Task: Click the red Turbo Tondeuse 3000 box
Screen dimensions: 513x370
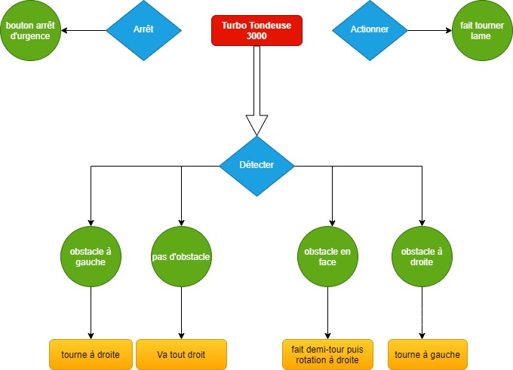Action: [x=256, y=30]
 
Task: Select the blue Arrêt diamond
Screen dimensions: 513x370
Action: [x=143, y=30]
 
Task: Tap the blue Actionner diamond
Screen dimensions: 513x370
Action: [x=370, y=30]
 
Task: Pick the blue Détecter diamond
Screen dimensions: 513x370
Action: [x=256, y=166]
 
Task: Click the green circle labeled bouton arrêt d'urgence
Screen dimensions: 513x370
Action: [x=30, y=30]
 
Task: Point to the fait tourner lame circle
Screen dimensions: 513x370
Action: [x=482, y=30]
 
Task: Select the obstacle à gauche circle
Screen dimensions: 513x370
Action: [x=91, y=256]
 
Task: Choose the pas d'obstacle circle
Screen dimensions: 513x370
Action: [x=181, y=256]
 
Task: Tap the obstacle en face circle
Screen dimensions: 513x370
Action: [x=327, y=256]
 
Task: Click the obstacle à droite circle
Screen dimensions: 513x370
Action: [x=422, y=256]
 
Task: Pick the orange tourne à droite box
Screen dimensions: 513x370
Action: [x=91, y=355]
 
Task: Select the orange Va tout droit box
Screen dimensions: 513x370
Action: [x=181, y=355]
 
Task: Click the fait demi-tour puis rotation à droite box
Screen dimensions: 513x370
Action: [x=327, y=355]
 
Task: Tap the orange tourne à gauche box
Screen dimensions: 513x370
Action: [x=428, y=355]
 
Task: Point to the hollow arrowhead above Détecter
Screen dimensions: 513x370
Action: [x=256, y=125]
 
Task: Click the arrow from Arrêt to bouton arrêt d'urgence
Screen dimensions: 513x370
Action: [x=84, y=30]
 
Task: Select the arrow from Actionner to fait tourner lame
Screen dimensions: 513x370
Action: [x=430, y=30]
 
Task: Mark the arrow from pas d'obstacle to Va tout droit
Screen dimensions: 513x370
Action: [x=181, y=313]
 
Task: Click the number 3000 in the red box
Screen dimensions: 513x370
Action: [x=256, y=36]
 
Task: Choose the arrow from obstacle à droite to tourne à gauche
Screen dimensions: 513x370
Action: [x=422, y=313]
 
